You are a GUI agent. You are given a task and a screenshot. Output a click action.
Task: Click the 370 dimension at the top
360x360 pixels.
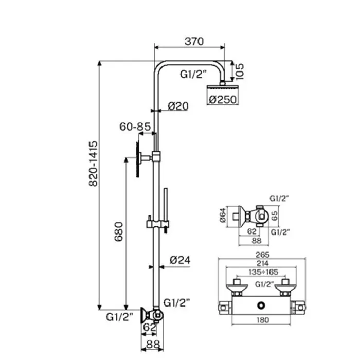194,41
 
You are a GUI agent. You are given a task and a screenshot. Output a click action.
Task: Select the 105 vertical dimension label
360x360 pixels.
239,71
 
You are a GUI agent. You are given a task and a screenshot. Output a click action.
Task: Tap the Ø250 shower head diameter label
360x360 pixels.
223,100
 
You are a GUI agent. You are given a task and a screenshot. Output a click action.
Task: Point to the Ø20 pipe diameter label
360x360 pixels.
178,106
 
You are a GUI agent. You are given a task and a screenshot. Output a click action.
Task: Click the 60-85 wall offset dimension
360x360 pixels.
135,127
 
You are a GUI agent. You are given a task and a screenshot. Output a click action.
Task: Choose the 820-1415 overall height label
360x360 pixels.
93,164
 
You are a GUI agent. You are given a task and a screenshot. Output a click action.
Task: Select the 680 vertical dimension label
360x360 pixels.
119,231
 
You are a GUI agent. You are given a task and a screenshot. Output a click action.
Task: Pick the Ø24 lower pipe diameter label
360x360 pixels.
180,260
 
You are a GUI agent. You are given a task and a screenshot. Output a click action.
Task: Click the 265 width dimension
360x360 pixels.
262,255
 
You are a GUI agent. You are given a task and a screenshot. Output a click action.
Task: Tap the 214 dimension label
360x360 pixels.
262,263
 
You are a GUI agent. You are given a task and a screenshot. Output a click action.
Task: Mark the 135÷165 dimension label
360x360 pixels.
263,272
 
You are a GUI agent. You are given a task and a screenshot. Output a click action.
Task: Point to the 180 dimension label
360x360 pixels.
262,320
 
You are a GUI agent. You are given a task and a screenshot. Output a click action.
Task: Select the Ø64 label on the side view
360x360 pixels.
223,215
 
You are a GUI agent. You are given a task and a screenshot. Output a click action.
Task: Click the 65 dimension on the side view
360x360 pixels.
275,215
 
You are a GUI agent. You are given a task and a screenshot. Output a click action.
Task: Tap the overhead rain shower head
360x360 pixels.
222,88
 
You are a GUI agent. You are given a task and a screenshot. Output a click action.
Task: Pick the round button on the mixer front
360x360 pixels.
261,306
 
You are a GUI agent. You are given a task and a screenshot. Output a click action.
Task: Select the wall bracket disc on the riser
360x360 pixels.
138,159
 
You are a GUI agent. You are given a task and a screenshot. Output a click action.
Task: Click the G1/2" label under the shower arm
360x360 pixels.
193,74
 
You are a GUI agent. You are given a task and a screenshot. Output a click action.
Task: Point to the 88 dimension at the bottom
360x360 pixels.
153,345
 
